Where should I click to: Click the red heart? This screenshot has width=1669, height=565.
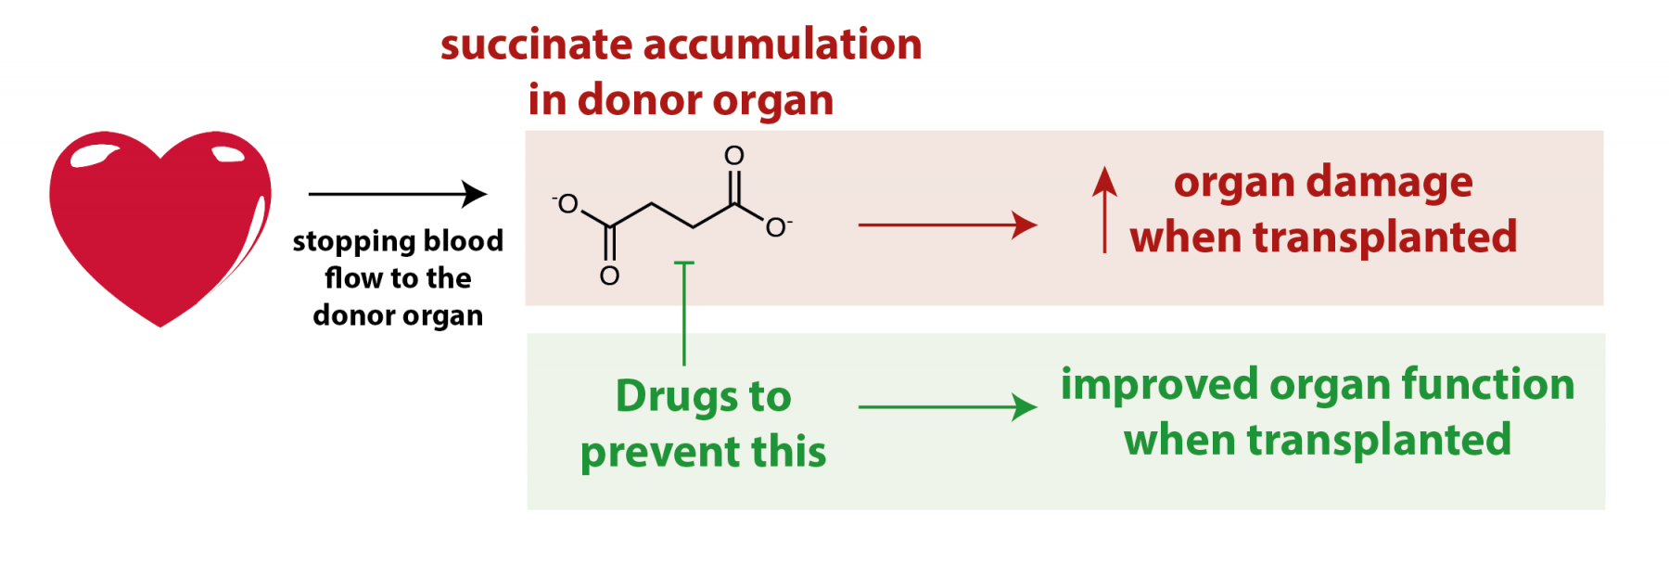click(159, 223)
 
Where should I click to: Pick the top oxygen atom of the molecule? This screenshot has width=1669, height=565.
click(734, 155)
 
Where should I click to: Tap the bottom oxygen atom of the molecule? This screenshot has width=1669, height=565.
click(609, 276)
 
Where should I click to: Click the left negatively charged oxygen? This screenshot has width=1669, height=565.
click(567, 204)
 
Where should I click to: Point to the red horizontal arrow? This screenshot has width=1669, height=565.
click(947, 225)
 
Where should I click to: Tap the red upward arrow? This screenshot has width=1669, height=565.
click(1104, 210)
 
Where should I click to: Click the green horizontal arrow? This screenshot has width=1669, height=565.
click(947, 406)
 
